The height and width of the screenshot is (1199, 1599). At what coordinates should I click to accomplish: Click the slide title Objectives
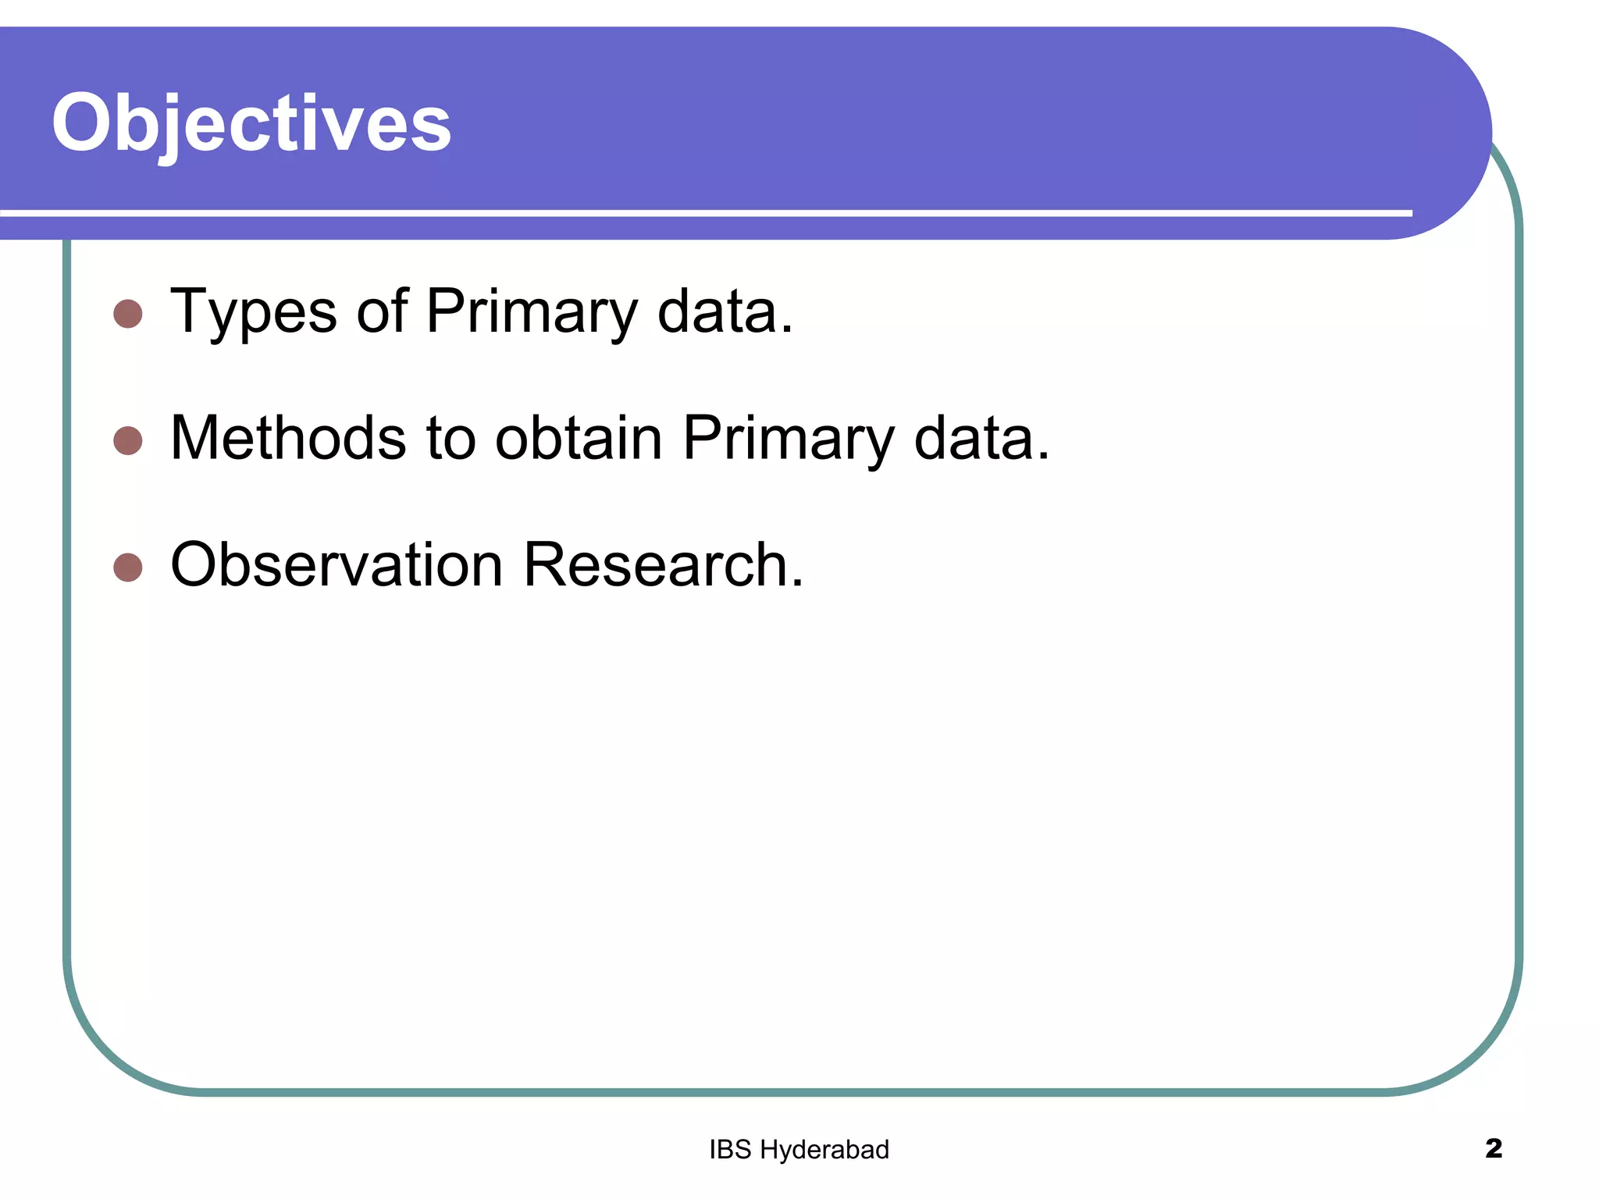pos(251,123)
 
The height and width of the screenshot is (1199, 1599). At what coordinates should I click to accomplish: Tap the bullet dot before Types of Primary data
pos(128,315)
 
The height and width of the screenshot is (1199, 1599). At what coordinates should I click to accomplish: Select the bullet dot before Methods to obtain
pos(128,440)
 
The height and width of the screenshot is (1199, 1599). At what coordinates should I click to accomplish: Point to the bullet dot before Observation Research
pos(128,567)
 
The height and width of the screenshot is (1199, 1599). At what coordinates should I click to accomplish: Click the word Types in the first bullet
pos(254,312)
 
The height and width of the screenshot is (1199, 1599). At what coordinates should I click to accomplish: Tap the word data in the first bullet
pos(718,312)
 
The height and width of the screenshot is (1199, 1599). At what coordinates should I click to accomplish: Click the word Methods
pos(288,438)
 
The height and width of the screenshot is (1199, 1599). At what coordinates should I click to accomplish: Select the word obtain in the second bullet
pos(579,438)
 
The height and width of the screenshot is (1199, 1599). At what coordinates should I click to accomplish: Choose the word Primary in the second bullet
pos(788,438)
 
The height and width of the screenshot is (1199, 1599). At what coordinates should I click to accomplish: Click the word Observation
pos(337,564)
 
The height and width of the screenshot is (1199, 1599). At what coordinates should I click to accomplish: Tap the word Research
pos(656,564)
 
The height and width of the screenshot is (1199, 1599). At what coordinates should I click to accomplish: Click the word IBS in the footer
pos(730,1150)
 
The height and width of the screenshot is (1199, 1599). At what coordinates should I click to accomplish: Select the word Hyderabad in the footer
pos(824,1150)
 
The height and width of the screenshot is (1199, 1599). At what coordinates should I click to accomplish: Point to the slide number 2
pos(1493,1148)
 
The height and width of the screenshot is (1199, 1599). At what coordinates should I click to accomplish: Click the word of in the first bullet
pos(383,312)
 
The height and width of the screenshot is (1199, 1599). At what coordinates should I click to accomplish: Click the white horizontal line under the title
pos(703,212)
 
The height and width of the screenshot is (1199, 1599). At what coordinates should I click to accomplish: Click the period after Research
pos(797,583)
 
